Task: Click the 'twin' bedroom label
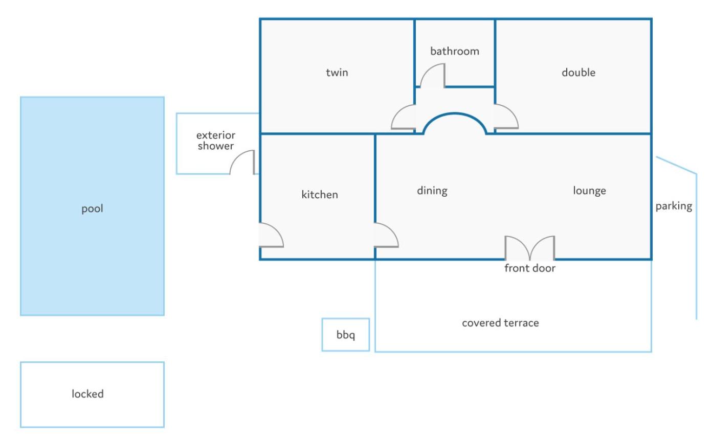click(337, 73)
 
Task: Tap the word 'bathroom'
click(455, 51)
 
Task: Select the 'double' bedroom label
click(578, 73)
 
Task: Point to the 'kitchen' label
click(320, 194)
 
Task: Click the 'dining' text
click(432, 191)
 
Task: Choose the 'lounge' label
click(589, 191)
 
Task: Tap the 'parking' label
click(674, 206)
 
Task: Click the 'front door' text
click(530, 268)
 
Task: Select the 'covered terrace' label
click(500, 323)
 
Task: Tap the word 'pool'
click(92, 209)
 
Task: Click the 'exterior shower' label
click(216, 141)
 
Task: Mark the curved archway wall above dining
click(455, 113)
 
